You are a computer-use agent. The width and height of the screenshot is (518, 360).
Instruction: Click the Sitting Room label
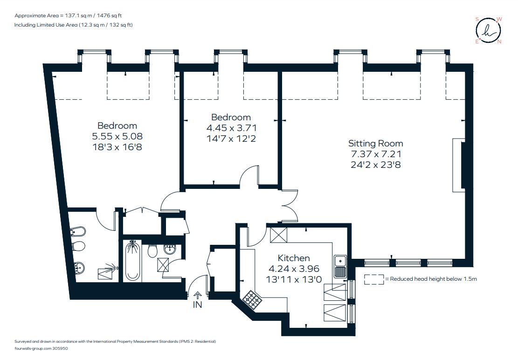point(376,144)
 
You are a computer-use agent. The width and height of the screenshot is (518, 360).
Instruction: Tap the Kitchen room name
point(294,258)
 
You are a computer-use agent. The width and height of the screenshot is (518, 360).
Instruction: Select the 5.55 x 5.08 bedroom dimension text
point(117,136)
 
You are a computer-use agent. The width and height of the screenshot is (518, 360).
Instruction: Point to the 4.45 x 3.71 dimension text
point(231,128)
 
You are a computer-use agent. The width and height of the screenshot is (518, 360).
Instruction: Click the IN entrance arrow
point(198,295)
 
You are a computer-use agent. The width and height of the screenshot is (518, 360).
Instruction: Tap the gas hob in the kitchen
point(252,300)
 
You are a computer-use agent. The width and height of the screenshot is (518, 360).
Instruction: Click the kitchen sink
point(340,267)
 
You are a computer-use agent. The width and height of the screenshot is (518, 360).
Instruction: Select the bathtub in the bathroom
point(132,261)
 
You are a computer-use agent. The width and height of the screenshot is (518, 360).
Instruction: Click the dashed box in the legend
point(374,279)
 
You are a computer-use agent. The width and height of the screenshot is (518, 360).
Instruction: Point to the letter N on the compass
point(499,42)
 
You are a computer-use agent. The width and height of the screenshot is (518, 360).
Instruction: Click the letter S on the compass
point(477,19)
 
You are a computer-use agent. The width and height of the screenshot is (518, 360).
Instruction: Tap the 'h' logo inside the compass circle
point(489,30)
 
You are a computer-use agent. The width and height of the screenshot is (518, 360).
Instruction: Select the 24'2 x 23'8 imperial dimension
point(376,165)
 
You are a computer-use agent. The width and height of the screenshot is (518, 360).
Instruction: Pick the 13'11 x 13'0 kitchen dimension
point(294,279)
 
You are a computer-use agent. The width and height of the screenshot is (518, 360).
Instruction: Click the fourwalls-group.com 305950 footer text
point(41,348)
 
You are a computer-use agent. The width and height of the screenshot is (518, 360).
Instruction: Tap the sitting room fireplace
point(458,165)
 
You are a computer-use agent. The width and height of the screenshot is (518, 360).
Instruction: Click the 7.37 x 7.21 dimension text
point(376,154)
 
